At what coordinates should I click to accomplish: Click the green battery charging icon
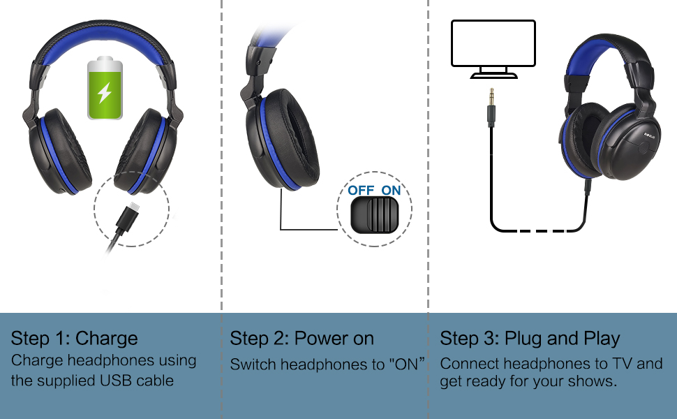105,89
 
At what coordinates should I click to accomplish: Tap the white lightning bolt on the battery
105,92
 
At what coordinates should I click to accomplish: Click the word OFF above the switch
361,190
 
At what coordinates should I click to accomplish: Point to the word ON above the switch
392,190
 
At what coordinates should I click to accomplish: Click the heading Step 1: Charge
74,339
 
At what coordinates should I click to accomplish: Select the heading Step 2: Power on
302,339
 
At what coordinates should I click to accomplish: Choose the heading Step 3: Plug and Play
530,339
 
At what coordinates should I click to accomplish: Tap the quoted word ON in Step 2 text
409,364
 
